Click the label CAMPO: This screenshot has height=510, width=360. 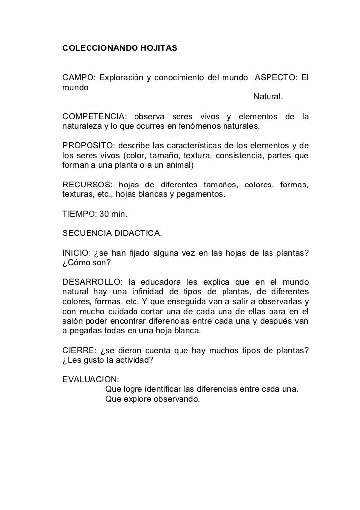pos(78,78)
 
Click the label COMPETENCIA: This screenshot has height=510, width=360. pos(94,117)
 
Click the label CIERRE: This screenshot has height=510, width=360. pos(77,350)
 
